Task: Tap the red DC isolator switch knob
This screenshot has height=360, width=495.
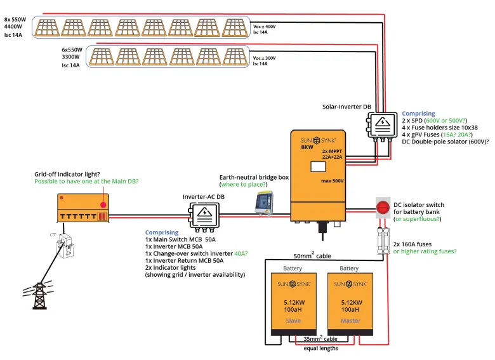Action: [383, 207]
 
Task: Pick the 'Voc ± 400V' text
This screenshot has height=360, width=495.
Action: [264, 26]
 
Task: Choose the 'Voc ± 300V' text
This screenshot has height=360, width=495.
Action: [264, 58]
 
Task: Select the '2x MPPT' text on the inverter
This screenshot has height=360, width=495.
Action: [333, 150]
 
